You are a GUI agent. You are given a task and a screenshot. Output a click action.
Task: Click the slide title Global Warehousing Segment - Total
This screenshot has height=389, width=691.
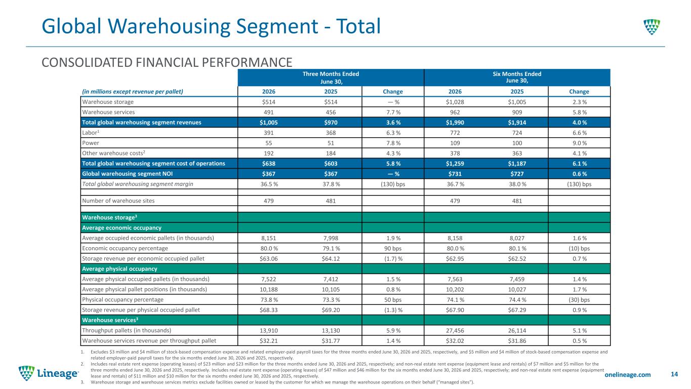211,26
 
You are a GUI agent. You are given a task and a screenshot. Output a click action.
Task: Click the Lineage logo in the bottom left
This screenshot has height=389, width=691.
49,373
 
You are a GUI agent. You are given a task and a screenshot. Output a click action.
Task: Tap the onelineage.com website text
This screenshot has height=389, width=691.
627,374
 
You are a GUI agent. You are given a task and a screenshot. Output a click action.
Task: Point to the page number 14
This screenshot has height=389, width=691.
674,374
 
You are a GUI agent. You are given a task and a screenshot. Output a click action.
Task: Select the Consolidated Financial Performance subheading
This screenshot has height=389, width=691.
167,62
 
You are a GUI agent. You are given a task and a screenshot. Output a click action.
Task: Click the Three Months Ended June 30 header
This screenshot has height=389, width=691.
331,77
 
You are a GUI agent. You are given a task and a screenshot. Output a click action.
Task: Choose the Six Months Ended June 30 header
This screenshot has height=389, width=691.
517,77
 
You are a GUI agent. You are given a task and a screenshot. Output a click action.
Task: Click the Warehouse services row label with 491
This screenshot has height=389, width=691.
108,112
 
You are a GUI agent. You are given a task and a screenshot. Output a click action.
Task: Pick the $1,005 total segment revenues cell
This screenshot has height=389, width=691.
269,123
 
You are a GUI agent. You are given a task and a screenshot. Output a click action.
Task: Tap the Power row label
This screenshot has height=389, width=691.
91,143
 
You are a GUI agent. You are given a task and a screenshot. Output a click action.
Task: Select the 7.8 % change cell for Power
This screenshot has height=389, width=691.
393,143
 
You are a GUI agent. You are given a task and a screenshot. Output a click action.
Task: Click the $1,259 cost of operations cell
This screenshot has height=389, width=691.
455,164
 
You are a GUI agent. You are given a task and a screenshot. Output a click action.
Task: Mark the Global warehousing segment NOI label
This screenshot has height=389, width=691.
128,174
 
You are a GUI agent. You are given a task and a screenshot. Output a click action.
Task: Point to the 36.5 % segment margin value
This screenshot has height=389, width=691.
269,184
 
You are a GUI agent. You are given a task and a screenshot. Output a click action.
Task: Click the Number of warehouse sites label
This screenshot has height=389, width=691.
118,201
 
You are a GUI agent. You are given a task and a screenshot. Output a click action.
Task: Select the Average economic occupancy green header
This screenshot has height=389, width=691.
121,228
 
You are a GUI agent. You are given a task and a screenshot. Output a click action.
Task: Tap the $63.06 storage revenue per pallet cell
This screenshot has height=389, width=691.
269,259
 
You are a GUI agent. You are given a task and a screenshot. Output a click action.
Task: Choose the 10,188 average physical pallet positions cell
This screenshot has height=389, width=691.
269,290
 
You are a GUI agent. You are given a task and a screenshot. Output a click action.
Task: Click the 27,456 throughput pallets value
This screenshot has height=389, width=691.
455,331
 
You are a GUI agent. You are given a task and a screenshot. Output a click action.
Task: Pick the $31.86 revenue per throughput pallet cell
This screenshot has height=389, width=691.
517,341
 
